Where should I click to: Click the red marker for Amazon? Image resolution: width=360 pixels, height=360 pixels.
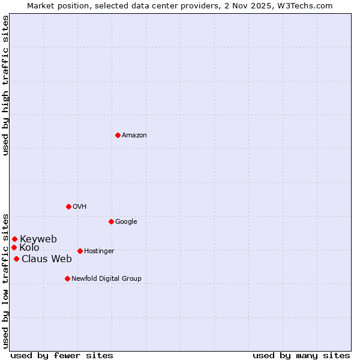[x=118, y=135]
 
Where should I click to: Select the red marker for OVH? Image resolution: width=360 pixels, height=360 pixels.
[x=68, y=206]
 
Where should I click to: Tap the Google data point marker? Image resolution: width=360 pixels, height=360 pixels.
[x=111, y=221]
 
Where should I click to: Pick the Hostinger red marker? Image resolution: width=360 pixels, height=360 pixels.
[x=80, y=251]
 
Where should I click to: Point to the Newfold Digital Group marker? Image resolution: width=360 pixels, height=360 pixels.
[x=67, y=278]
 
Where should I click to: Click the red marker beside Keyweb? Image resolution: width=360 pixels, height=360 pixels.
[x=14, y=239]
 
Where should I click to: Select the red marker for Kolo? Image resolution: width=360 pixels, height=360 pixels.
[x=14, y=247]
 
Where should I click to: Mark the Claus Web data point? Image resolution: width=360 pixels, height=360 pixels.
[x=16, y=259]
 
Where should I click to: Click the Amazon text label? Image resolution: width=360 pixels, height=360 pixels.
[x=134, y=136]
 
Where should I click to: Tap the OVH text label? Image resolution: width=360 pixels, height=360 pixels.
[x=80, y=207]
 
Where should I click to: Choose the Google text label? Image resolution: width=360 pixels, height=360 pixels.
[x=126, y=222]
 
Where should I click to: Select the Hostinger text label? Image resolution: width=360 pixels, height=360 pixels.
[x=99, y=251]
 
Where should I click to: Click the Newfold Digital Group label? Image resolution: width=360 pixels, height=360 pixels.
[x=106, y=279]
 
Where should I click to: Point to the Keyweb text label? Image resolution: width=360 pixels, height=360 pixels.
[x=38, y=239]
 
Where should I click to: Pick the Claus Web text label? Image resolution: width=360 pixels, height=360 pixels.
[x=47, y=259]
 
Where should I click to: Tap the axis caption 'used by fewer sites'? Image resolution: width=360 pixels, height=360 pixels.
[x=62, y=355]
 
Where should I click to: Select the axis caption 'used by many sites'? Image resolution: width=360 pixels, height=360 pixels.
[x=301, y=355]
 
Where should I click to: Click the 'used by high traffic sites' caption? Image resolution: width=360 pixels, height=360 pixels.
[x=5, y=85]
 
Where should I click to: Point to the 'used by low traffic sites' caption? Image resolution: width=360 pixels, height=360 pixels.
[x=5, y=280]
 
